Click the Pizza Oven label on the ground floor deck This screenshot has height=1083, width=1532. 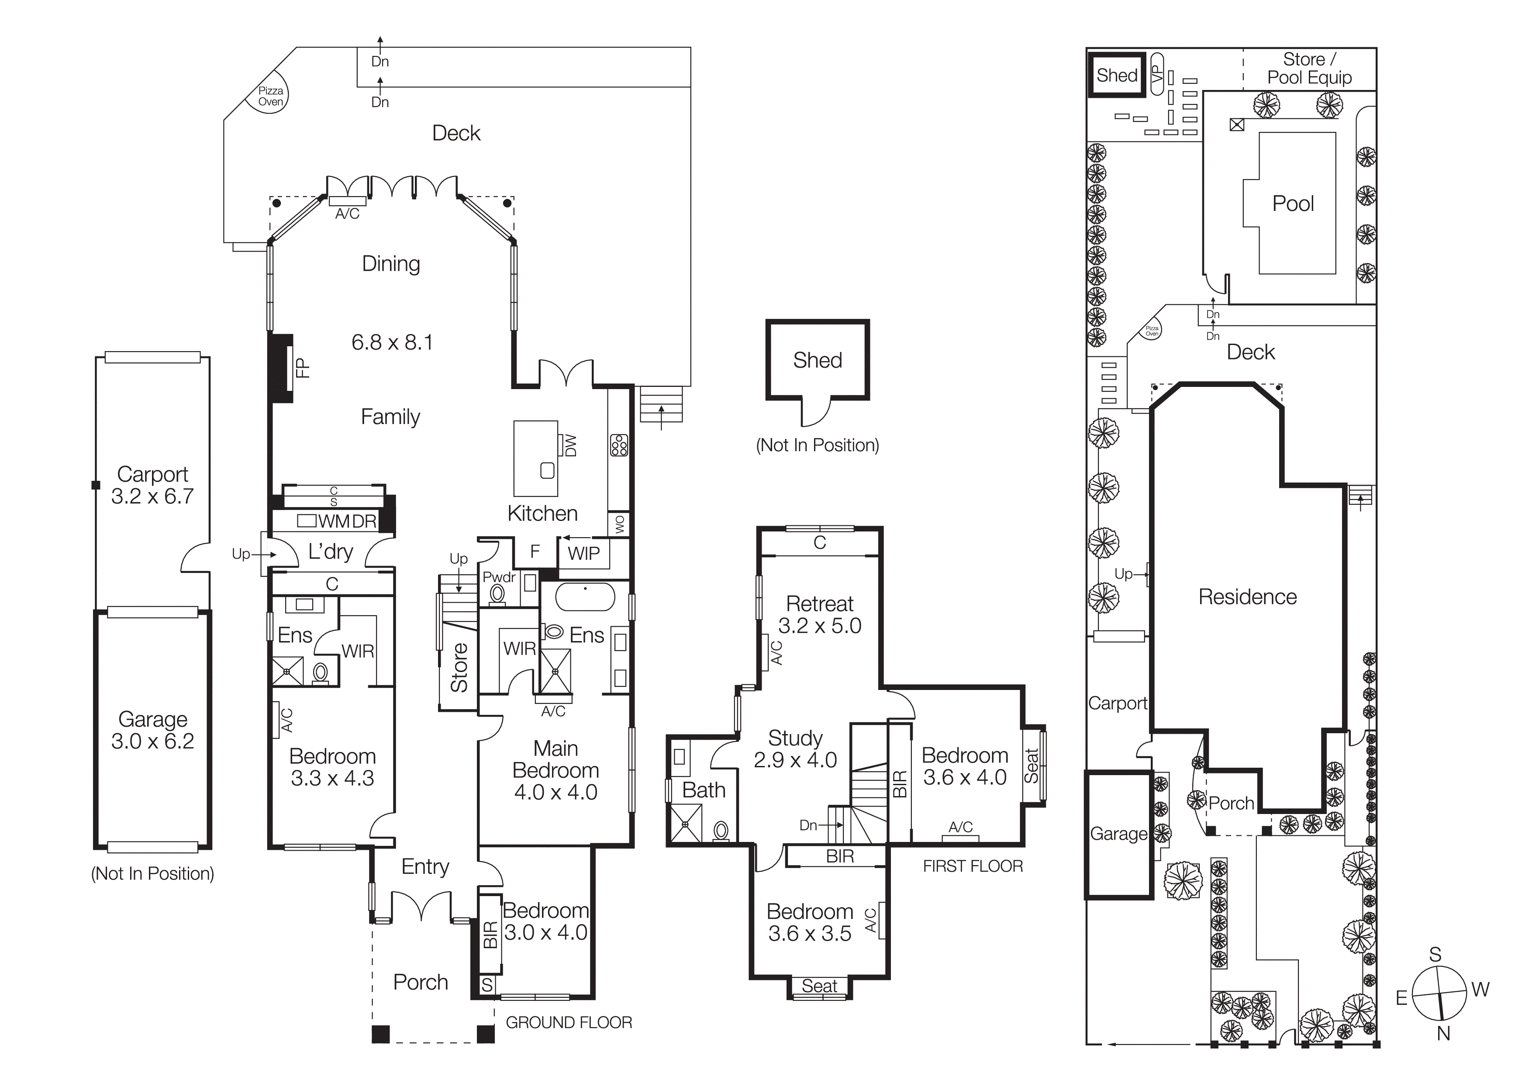pos(270,96)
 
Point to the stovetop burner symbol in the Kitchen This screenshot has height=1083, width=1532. pos(618,445)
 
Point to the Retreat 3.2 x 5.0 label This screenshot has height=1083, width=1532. pos(819,614)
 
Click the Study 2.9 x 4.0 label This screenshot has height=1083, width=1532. pos(795,748)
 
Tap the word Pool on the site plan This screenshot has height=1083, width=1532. pos(1292,203)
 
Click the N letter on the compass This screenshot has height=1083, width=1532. pos(1443,1034)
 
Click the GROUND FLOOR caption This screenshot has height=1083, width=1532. pos(569,1022)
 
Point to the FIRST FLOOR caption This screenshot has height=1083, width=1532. pos(972,866)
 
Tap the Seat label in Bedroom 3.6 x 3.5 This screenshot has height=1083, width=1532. pos(819,986)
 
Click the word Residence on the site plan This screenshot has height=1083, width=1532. pos(1247,597)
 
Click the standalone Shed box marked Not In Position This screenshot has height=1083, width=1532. pos(818,360)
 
